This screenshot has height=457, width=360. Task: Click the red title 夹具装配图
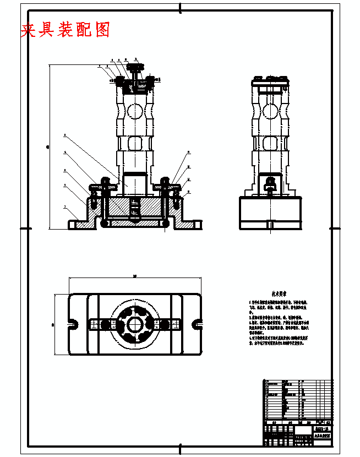(65, 30)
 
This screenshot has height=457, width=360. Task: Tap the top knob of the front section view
(134, 68)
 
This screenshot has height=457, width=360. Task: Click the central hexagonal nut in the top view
(134, 324)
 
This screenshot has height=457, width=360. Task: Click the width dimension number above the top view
(134, 276)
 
